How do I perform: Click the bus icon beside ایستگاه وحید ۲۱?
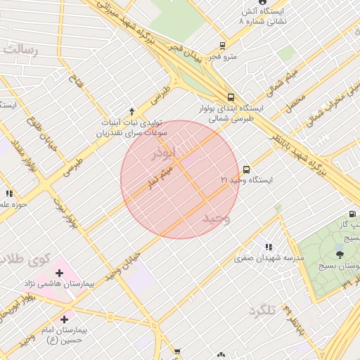tap(246, 169)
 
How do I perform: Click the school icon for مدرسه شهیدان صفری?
tap(269, 247)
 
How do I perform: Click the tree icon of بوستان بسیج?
tap(340, 255)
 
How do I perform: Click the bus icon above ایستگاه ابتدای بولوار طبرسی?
tap(231, 98)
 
